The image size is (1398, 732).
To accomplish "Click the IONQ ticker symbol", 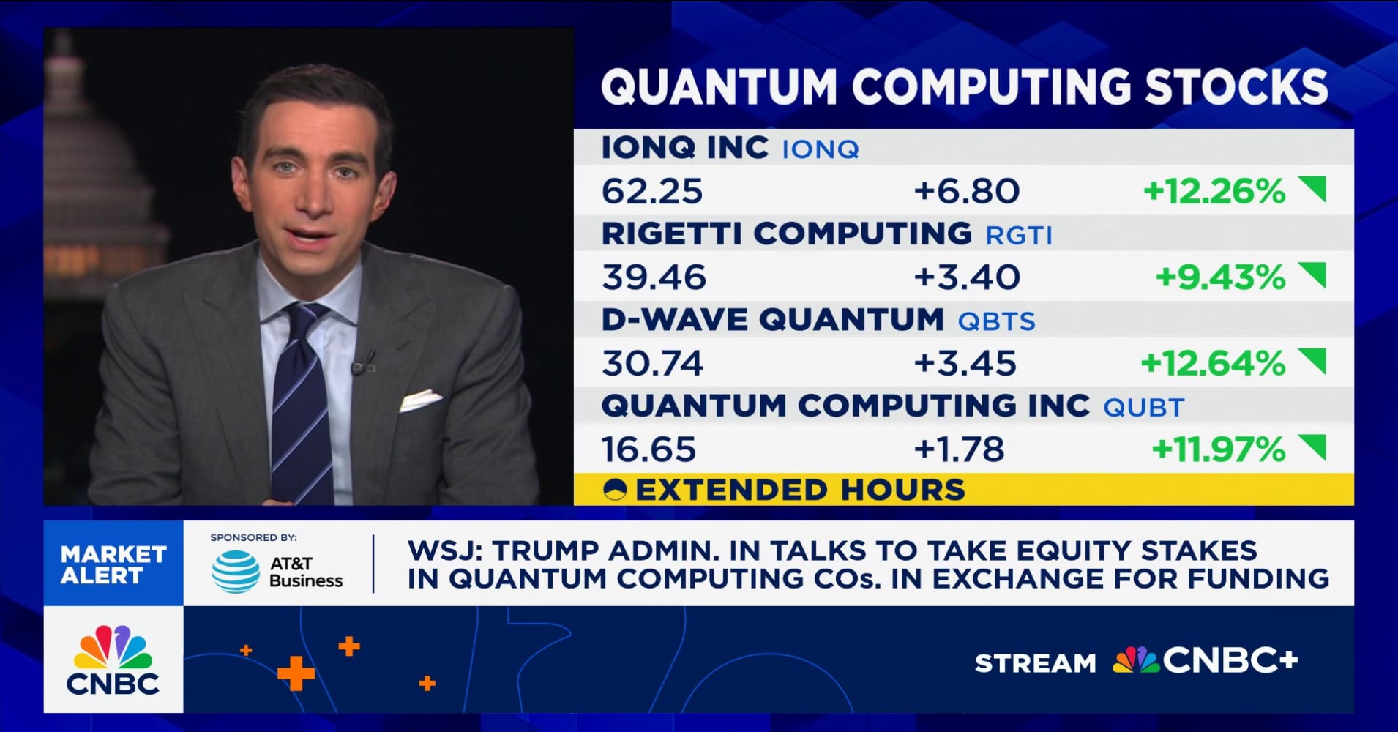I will click(x=820, y=149).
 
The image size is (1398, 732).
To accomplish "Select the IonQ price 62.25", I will click(x=651, y=192).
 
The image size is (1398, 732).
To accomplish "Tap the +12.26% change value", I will click(x=1214, y=192).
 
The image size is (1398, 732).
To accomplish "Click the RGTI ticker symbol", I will click(x=1019, y=236).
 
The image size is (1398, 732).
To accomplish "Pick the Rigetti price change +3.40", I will click(x=966, y=277).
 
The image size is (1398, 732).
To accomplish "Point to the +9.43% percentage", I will click(x=1219, y=277).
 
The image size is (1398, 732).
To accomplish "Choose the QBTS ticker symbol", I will click(x=996, y=321).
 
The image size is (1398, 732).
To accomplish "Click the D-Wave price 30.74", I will click(x=651, y=363).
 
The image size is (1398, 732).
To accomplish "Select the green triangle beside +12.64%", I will click(x=1312, y=360).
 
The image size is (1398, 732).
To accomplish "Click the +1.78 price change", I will click(x=959, y=449).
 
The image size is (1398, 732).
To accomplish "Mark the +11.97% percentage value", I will click(x=1218, y=449).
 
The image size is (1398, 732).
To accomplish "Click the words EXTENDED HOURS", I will click(x=800, y=490).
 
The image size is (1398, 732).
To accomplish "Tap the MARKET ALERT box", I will click(x=113, y=564).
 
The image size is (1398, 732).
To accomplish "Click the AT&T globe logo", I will click(x=236, y=572).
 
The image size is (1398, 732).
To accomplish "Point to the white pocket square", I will click(x=419, y=400).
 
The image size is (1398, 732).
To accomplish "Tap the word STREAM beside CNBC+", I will click(x=1035, y=663).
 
